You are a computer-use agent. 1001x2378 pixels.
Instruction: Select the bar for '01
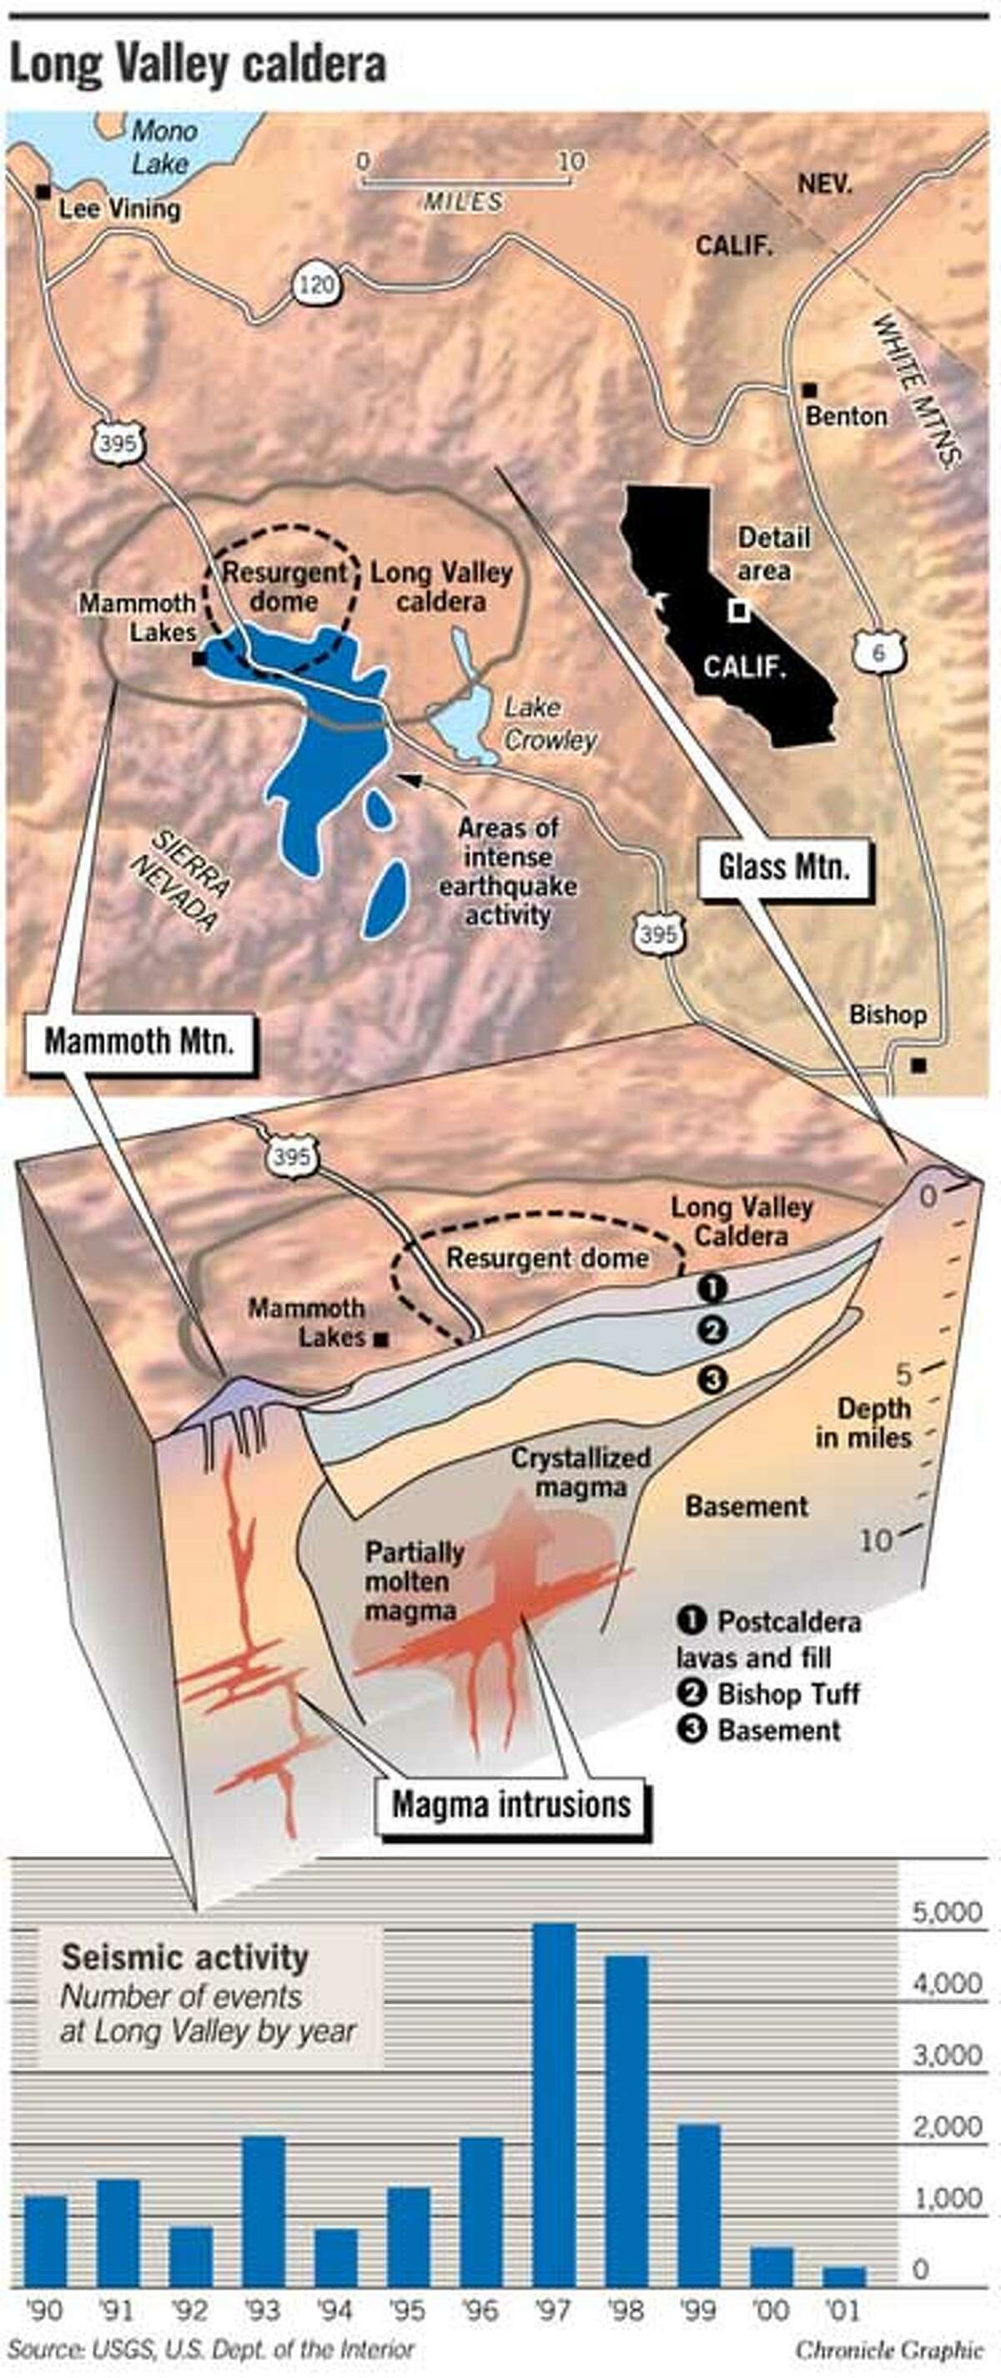coord(843,2275)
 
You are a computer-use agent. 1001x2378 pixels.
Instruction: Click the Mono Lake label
coord(162,147)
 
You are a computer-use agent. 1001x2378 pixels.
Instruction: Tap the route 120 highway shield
coord(316,286)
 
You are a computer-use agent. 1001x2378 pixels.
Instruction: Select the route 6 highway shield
coord(878,654)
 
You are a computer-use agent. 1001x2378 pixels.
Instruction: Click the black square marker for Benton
coord(809,390)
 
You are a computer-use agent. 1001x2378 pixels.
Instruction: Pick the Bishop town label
coord(887,1014)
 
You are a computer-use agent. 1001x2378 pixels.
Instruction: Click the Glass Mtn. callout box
coord(783,868)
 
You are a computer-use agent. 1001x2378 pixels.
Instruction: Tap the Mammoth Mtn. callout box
coord(138,1042)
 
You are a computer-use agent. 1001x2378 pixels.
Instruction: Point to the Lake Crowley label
coord(549,724)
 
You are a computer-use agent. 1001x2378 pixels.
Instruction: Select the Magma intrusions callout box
coord(511,1804)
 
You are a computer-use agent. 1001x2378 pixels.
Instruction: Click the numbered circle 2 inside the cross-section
coord(713,1330)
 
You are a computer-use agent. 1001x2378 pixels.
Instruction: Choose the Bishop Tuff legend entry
coord(768,1694)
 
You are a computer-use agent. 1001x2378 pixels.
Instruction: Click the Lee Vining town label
coord(118,209)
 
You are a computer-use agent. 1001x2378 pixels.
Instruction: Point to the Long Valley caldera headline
coord(197,65)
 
